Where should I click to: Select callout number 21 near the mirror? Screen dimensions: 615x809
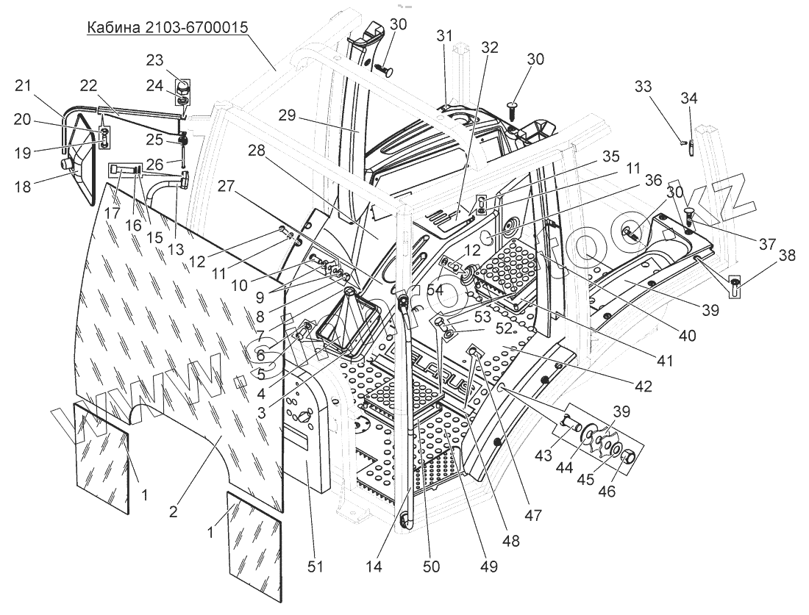[23, 87]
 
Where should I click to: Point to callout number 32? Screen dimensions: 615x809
[489, 47]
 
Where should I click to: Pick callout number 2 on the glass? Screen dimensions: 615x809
[174, 512]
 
